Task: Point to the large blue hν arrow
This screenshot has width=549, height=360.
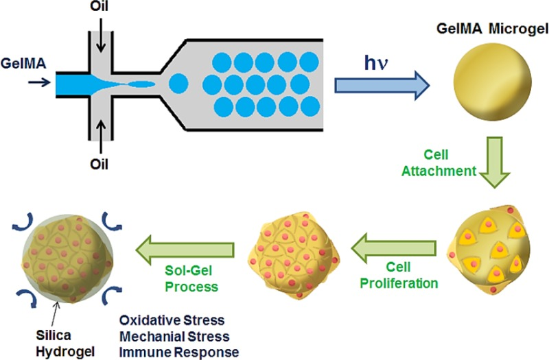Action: [x=381, y=84]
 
